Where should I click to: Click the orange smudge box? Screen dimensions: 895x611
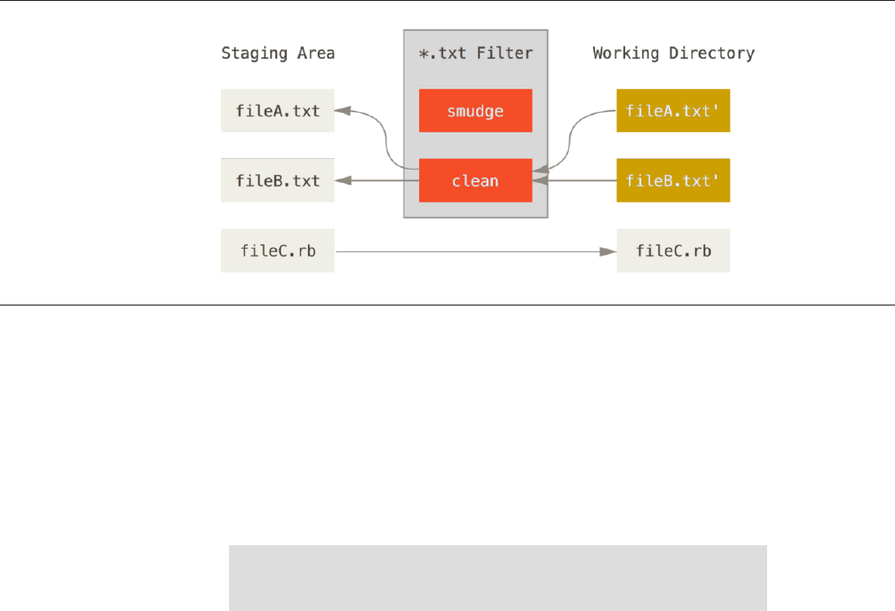475,111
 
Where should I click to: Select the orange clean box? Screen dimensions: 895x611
475,180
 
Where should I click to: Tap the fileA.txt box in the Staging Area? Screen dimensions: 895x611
278,111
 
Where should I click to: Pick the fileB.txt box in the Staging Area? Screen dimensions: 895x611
278,180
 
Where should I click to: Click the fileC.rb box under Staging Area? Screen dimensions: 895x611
278,251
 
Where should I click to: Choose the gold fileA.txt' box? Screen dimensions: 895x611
673,111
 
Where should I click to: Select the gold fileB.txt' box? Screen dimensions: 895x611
673,180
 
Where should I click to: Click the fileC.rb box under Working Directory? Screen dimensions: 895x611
673,251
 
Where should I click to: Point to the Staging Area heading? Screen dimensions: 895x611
278,53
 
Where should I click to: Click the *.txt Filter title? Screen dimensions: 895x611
475,53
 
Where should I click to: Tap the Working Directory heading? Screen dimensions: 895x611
673,53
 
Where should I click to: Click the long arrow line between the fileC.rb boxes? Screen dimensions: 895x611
471,251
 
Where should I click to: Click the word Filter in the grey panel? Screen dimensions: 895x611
507,53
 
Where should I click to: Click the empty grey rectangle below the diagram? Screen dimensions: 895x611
497,578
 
